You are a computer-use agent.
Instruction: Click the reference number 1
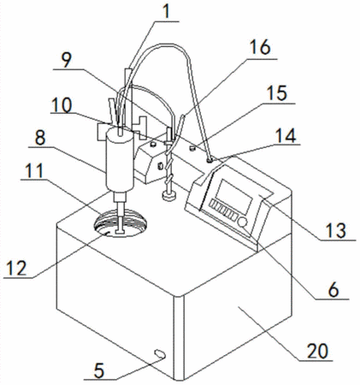(166, 11)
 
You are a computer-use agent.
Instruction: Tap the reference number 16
(260, 47)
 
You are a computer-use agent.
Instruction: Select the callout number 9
(67, 59)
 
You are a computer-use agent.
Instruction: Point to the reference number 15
(276, 93)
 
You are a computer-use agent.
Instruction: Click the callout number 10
(62, 105)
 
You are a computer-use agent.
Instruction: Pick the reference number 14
(286, 135)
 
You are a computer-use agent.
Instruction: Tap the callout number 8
(40, 138)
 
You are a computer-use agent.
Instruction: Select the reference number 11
(34, 170)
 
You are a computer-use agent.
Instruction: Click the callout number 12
(16, 268)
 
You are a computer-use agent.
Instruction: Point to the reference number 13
(337, 230)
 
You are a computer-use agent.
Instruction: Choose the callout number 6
(333, 290)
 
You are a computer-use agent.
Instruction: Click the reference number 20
(317, 351)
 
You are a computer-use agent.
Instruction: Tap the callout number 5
(99, 370)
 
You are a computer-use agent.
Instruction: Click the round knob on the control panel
(243, 222)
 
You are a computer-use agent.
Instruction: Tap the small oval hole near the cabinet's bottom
(160, 354)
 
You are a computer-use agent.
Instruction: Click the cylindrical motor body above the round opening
(120, 161)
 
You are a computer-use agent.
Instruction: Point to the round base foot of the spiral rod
(169, 196)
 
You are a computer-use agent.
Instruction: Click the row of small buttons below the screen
(223, 210)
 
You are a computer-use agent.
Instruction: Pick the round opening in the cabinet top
(121, 222)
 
